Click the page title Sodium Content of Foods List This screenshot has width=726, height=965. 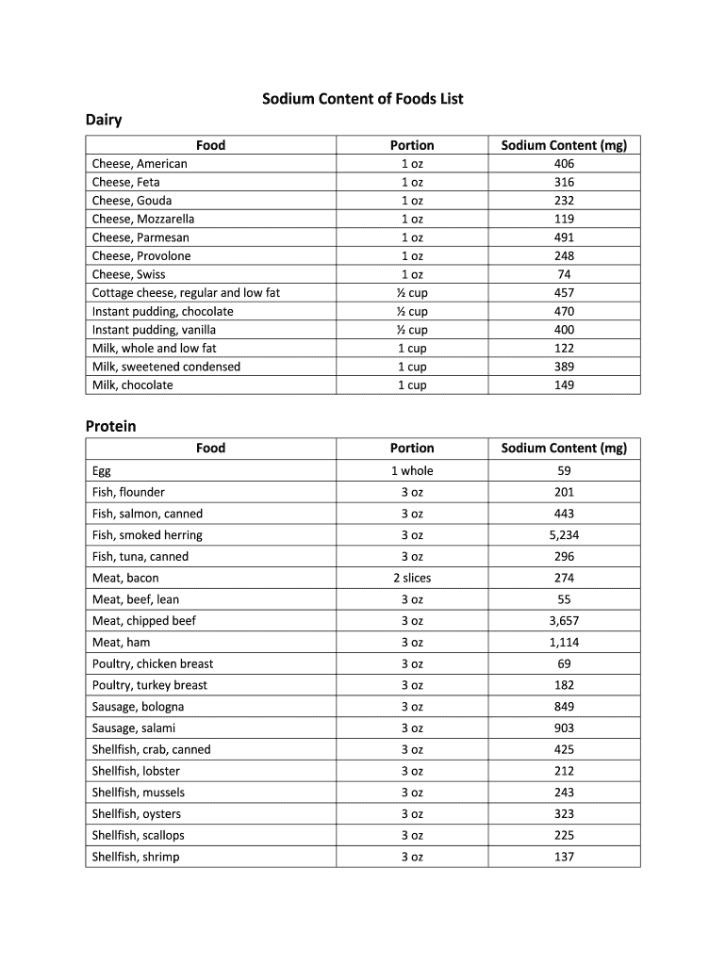click(x=362, y=99)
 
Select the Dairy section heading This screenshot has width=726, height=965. click(x=104, y=121)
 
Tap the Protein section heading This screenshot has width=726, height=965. click(x=110, y=426)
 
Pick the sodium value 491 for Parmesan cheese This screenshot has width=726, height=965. click(x=564, y=237)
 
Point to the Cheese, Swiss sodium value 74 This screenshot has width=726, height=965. click(x=564, y=274)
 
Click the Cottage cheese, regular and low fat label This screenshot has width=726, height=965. click(x=186, y=293)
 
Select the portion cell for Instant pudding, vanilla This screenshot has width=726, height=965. click(x=412, y=330)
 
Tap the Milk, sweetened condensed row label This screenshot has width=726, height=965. click(x=166, y=367)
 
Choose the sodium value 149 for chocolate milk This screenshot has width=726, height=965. click(x=564, y=384)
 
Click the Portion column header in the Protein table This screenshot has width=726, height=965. click(x=412, y=449)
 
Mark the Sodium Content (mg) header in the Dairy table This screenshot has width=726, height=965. click(x=564, y=145)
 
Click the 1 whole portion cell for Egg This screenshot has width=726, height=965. click(x=412, y=471)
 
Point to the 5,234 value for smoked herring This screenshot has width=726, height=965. click(x=564, y=535)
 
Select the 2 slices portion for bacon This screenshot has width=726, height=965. click(x=412, y=578)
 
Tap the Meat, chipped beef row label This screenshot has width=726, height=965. click(x=143, y=621)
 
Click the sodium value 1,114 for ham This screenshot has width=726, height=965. click(x=564, y=643)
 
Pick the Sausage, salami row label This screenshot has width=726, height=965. click(x=133, y=728)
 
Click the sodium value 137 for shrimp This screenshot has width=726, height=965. click(x=564, y=857)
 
